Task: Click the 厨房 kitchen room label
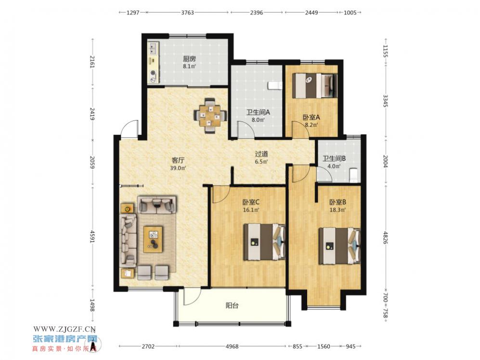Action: coord(189,58)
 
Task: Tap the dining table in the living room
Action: coord(210,116)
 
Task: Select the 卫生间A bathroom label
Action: coord(258,112)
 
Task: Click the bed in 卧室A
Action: coord(314,85)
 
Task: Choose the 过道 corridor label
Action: coord(261,154)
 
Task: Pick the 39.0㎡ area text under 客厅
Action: coord(178,168)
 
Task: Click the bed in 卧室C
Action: coord(264,242)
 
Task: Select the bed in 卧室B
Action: coord(339,246)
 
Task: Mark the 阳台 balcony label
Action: coord(232,306)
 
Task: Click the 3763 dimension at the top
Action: coord(187,13)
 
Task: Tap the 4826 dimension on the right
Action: coord(386,238)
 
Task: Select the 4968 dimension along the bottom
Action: coord(232,347)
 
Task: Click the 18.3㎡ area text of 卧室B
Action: coord(337,210)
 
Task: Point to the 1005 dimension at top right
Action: coord(350,13)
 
